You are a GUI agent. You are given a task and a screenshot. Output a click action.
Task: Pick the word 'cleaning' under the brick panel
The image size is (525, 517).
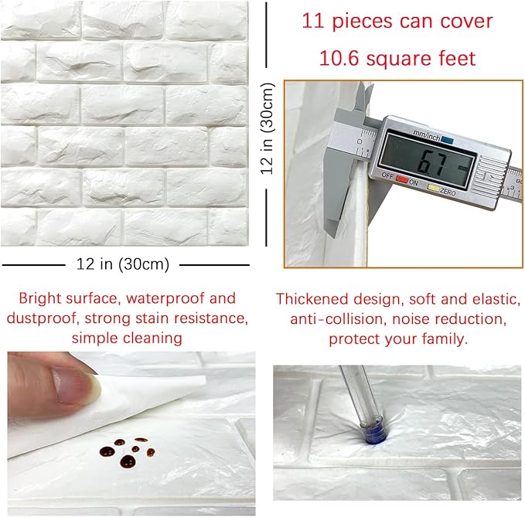pos(154,338)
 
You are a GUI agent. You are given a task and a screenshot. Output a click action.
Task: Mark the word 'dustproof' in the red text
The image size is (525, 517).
pos(38,318)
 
